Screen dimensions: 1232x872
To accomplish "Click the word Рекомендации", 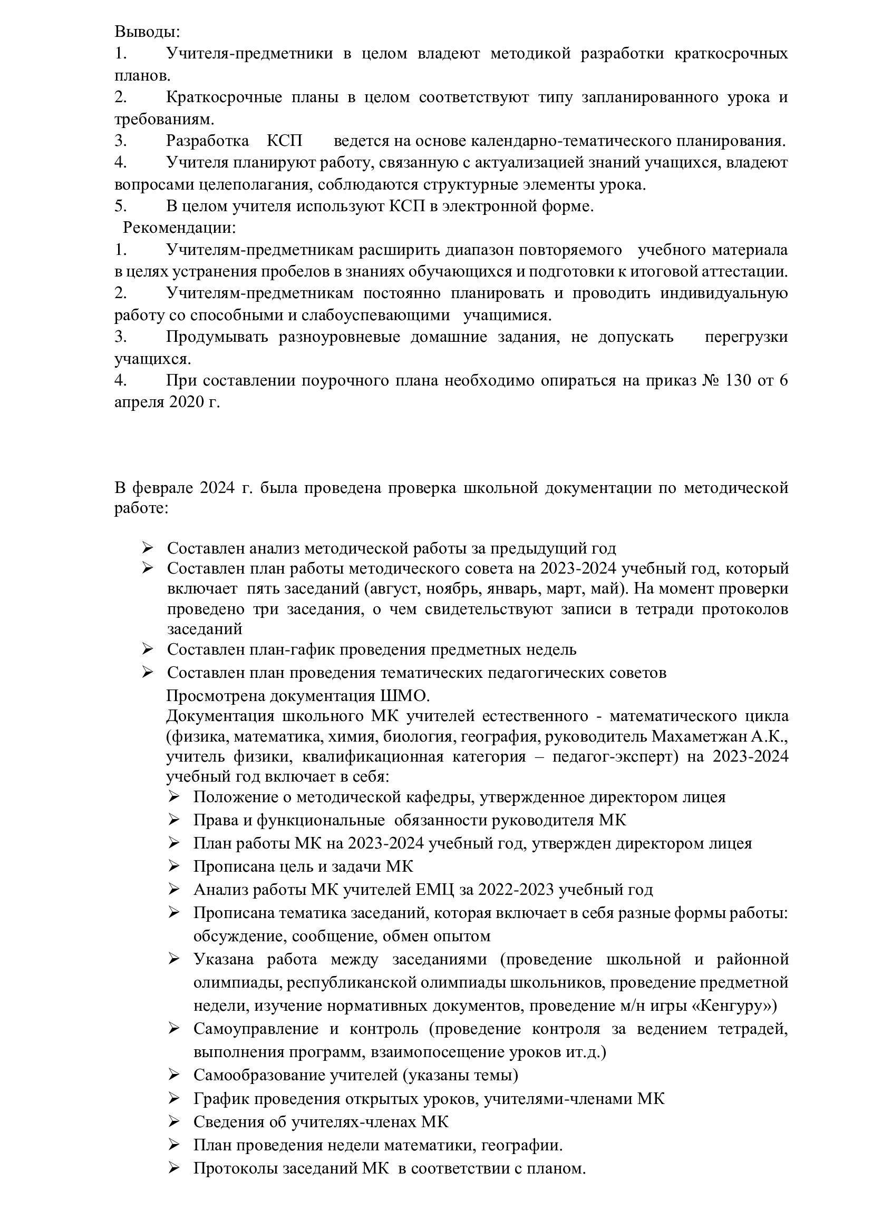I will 179,228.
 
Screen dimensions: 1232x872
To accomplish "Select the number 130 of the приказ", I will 738,380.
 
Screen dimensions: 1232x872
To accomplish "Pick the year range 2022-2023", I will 516,889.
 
